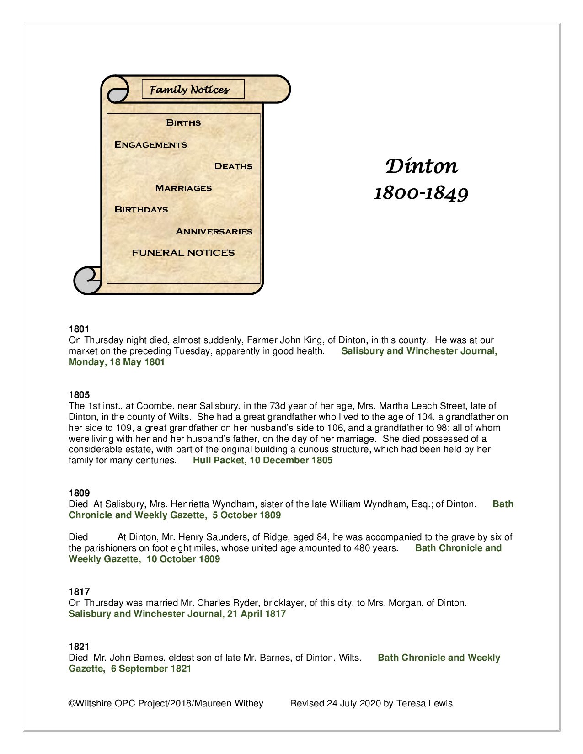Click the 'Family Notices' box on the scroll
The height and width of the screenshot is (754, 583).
click(x=193, y=90)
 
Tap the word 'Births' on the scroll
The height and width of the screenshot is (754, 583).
click(x=183, y=122)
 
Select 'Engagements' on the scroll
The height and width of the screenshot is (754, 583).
click(x=150, y=144)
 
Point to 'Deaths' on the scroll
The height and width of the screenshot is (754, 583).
click(x=233, y=166)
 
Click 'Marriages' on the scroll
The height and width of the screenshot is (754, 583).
click(x=183, y=188)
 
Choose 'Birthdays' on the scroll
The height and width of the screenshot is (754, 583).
click(x=141, y=209)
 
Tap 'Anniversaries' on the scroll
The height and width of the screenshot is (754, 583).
click(x=214, y=231)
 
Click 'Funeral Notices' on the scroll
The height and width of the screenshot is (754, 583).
click(x=183, y=253)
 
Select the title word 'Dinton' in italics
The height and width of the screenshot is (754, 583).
click(x=421, y=166)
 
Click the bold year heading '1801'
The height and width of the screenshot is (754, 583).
click(x=79, y=329)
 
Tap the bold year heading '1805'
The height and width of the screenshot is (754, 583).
click(x=79, y=395)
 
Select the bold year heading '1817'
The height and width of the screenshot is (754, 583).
click(x=79, y=592)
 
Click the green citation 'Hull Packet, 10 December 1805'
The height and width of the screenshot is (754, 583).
click(x=262, y=461)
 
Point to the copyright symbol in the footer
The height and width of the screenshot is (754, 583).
click(x=71, y=703)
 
